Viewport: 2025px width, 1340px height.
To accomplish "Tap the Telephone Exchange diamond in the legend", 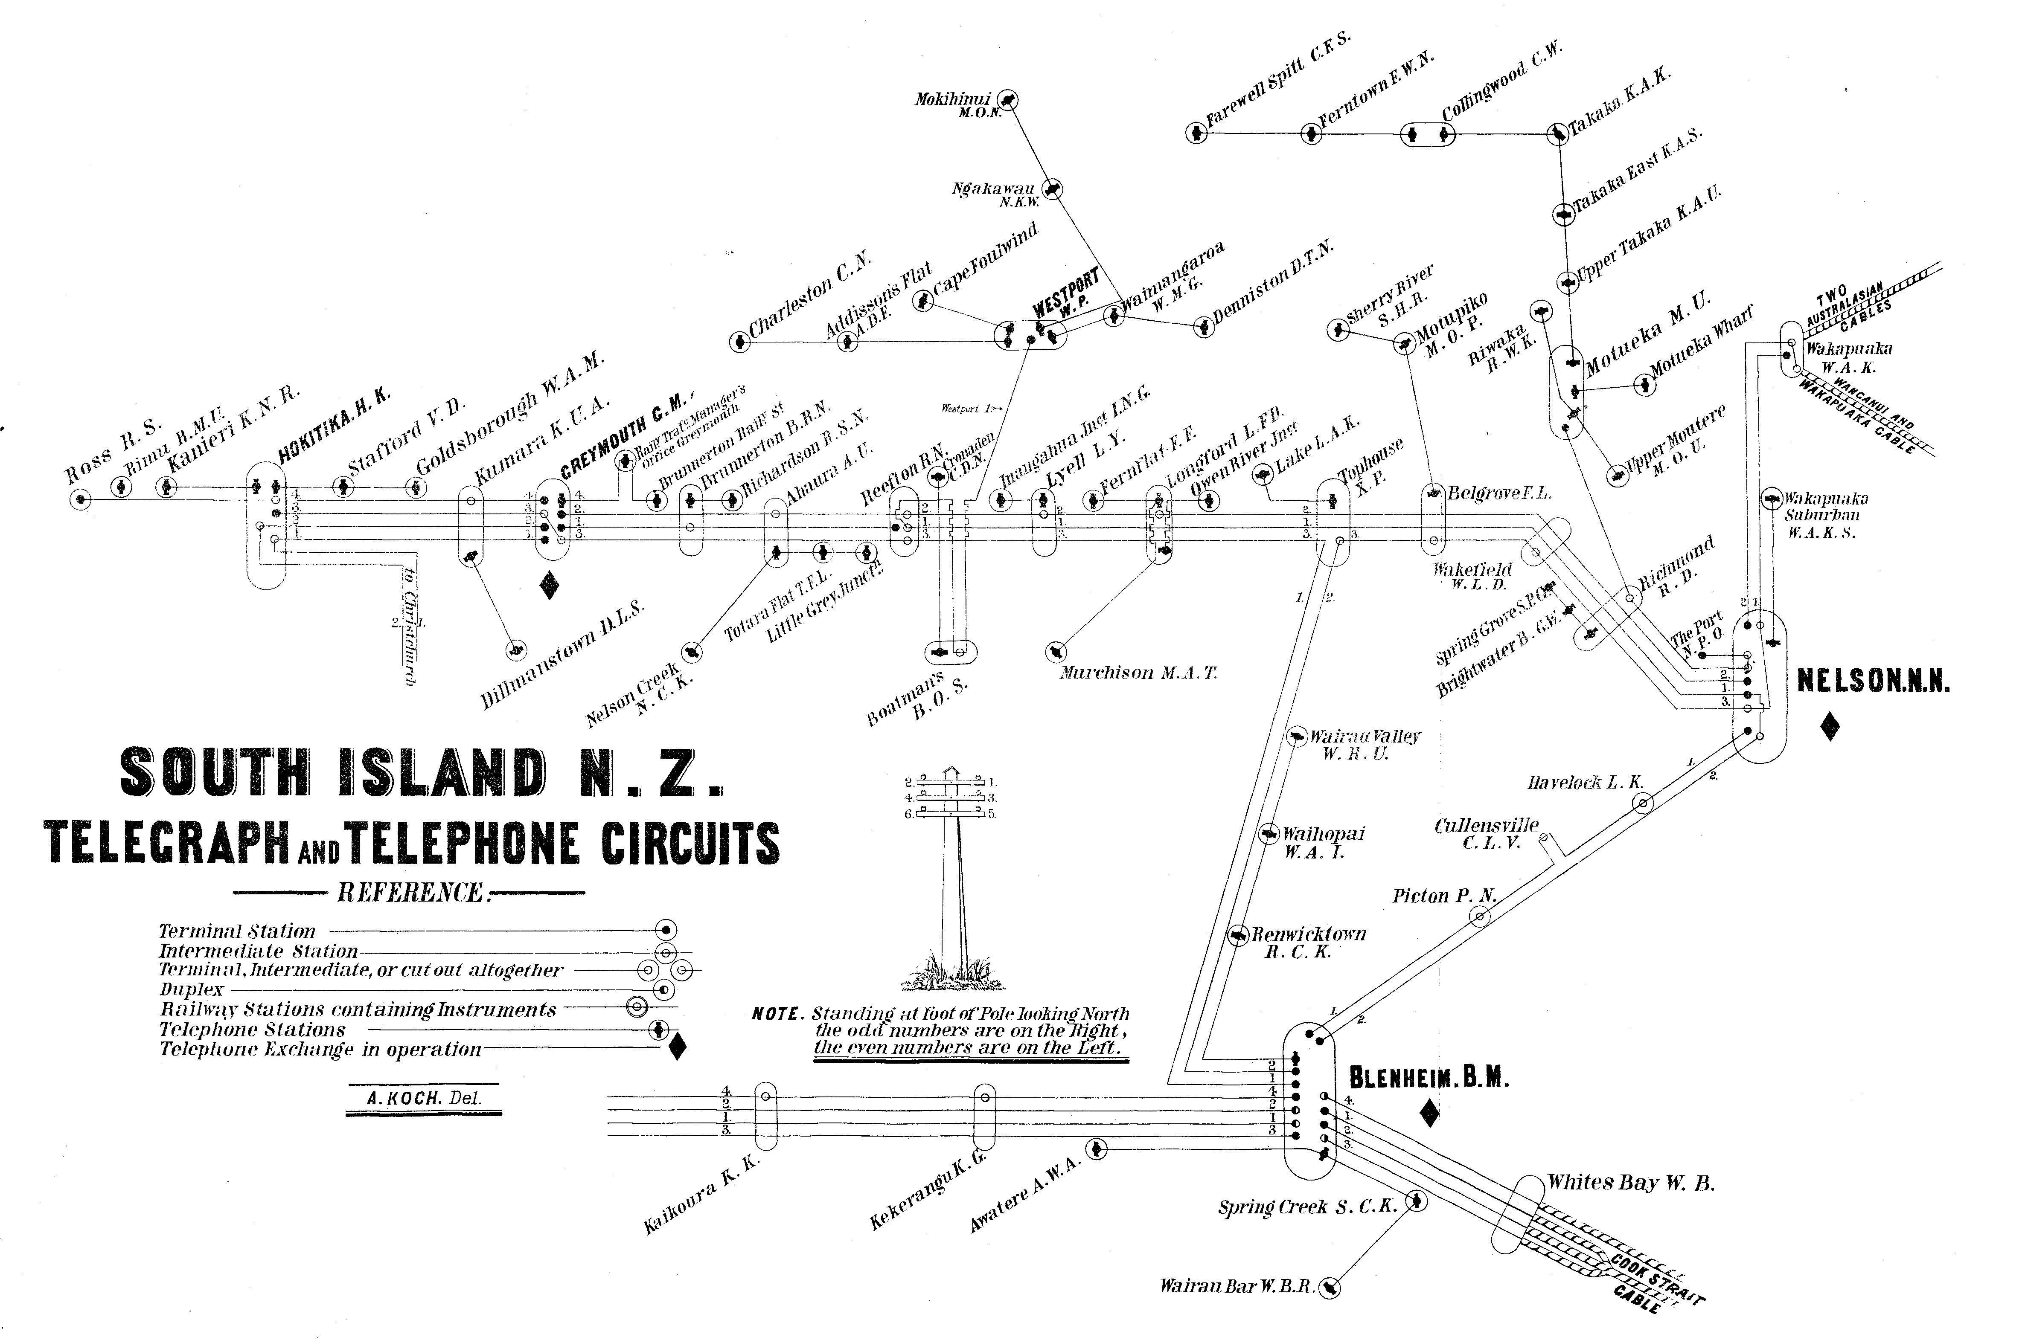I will [x=676, y=1047].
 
